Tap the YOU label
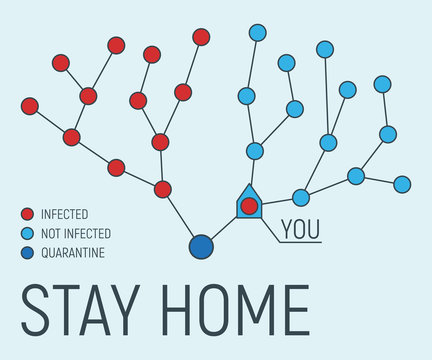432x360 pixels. tap(299, 228)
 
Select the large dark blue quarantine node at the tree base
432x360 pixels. tap(201, 246)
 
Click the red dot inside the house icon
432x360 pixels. tap(249, 206)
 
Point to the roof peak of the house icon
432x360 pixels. tap(248, 185)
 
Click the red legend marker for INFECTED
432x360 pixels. tap(28, 214)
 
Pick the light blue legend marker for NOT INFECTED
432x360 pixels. tap(28, 233)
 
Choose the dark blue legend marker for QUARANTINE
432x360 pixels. tap(28, 252)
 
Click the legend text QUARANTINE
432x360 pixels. tap(73, 253)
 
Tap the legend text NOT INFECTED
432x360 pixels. tap(76, 234)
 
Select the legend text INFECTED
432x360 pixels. tap(65, 214)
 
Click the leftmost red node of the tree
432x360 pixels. tap(30, 106)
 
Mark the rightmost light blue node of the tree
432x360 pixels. tap(402, 184)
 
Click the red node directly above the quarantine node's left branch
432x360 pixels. tap(163, 189)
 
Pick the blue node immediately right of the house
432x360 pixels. tap(301, 197)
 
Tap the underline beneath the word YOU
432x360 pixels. tap(300, 242)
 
